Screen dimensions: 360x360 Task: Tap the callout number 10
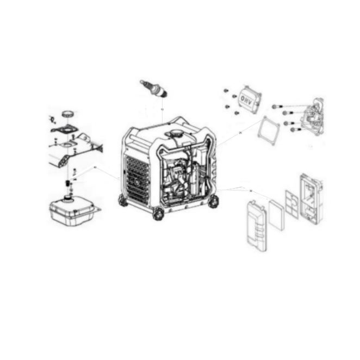[162, 109]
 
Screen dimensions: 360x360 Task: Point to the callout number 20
[240, 133]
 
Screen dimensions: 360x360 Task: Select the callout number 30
[251, 191]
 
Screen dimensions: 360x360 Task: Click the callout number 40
[95, 167]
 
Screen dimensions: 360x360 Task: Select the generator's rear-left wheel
[123, 200]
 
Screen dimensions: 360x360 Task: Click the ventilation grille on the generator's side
[135, 175]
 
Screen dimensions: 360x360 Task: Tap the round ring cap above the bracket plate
[69, 114]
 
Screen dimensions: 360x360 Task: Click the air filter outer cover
[256, 226]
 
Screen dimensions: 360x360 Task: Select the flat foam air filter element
[276, 214]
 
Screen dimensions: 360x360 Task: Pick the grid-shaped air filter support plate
[292, 203]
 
